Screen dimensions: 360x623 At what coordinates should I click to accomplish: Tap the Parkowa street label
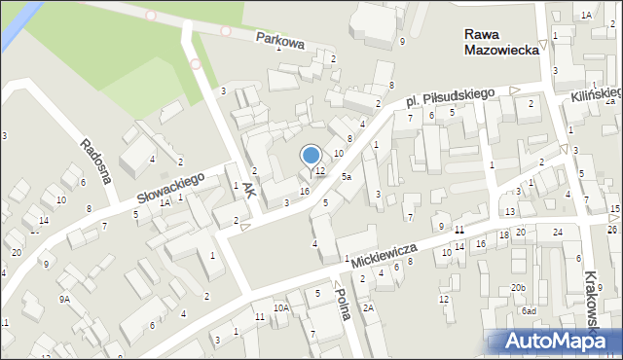(x=281, y=42)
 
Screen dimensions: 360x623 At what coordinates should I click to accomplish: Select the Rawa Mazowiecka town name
(x=501, y=40)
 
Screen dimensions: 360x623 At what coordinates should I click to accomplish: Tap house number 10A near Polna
(x=280, y=307)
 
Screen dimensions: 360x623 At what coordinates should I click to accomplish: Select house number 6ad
(x=529, y=310)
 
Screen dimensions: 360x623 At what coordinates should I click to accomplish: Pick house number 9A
(x=64, y=300)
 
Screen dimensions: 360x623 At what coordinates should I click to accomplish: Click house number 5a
(x=347, y=177)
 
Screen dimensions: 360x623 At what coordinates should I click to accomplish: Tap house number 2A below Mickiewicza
(x=368, y=307)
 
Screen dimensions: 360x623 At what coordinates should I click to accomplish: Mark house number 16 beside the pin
(x=304, y=192)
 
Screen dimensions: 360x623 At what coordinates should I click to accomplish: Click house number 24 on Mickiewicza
(x=558, y=232)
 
